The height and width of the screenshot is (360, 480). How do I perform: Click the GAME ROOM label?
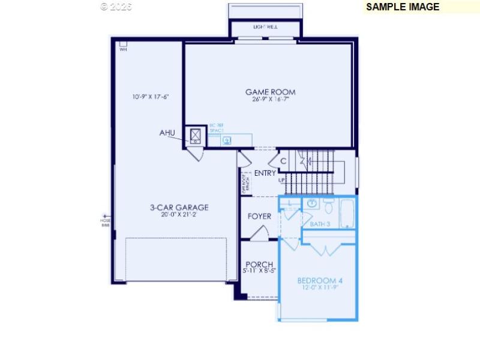point(270,92)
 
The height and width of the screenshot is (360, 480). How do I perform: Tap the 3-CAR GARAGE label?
point(179,208)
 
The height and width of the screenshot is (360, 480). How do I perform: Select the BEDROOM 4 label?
point(320,280)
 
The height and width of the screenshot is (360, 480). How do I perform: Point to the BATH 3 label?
point(320,224)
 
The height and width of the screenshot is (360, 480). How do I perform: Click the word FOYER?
point(259,217)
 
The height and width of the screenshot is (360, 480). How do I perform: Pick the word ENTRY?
point(265,173)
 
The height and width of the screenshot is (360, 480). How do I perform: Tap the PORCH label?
point(259,264)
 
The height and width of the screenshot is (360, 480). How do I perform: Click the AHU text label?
point(168,133)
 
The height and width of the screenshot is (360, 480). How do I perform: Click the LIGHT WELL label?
point(265,27)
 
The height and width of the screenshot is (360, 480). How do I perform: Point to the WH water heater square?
point(123,43)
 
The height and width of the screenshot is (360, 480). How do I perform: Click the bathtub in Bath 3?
point(348,213)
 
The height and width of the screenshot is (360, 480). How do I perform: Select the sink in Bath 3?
point(312,204)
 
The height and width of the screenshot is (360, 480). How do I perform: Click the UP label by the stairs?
point(281,180)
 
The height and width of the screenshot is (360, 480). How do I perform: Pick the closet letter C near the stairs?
point(283,161)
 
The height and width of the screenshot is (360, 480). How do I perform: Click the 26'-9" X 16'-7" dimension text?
point(270,100)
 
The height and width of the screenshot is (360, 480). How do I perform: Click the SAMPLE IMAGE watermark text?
point(403,7)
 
